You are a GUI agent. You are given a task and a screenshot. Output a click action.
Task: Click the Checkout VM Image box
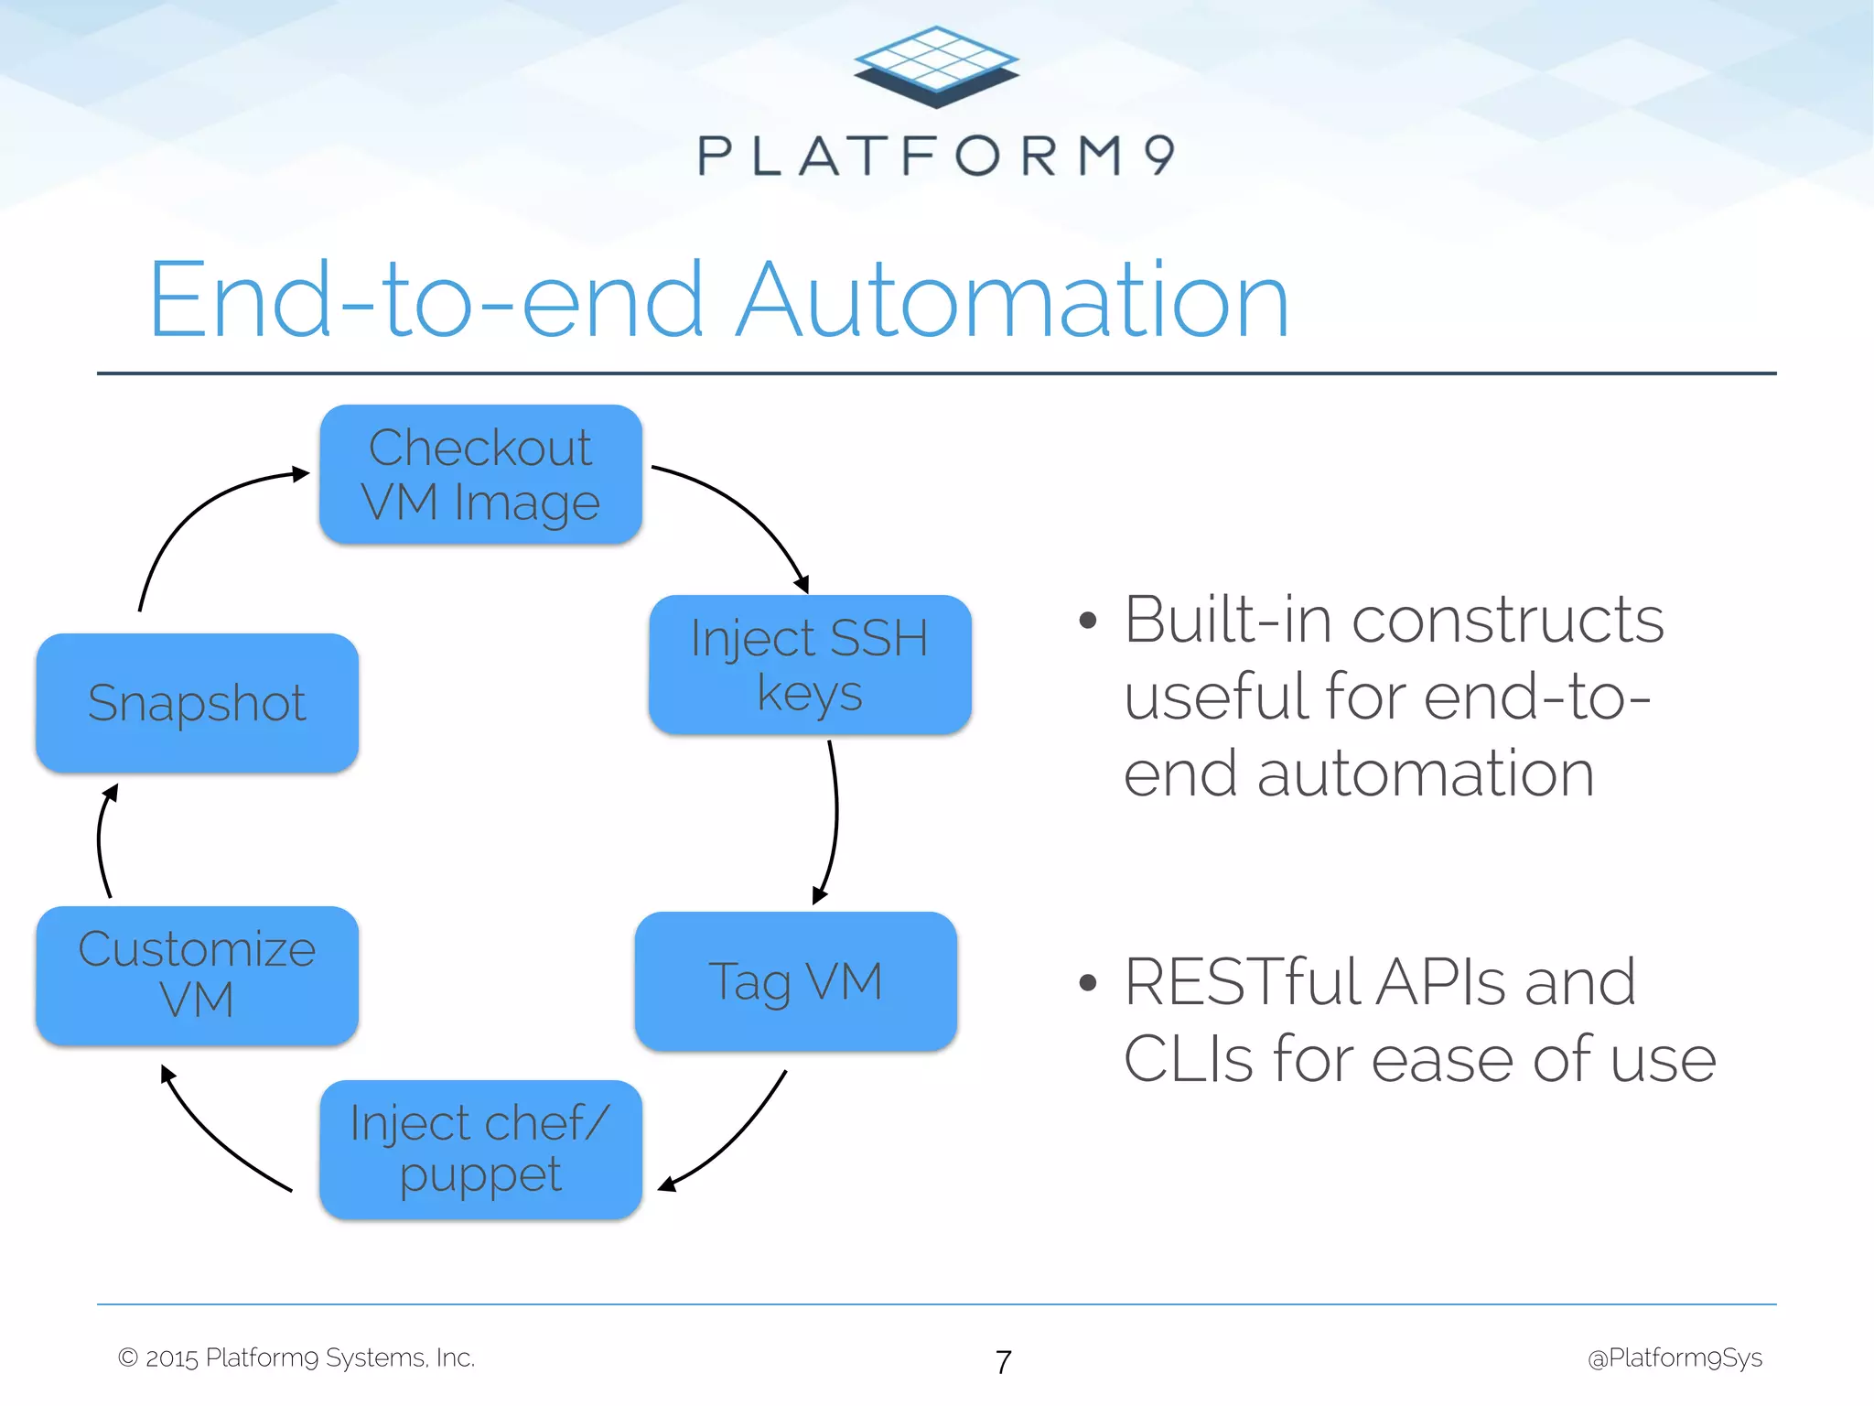click(480, 474)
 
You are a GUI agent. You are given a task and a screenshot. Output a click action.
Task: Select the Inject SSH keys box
click(810, 665)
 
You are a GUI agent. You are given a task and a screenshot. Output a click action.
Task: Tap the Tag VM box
click(795, 981)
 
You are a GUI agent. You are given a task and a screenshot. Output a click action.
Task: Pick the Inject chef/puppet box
click(480, 1149)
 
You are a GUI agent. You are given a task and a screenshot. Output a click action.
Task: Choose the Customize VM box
click(197, 975)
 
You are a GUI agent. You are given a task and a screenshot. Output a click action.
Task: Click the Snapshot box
click(197, 703)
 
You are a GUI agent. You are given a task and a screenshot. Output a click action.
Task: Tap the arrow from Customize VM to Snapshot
click(100, 842)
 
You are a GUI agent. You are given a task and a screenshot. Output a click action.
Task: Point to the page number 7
click(1004, 1362)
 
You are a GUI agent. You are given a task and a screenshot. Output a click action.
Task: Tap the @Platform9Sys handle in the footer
click(1675, 1357)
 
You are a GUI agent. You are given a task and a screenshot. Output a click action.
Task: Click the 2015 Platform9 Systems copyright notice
click(296, 1357)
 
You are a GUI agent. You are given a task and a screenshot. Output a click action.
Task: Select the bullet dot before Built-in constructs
click(1087, 622)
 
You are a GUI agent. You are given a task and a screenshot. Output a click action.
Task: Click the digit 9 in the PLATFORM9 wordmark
click(1159, 155)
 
